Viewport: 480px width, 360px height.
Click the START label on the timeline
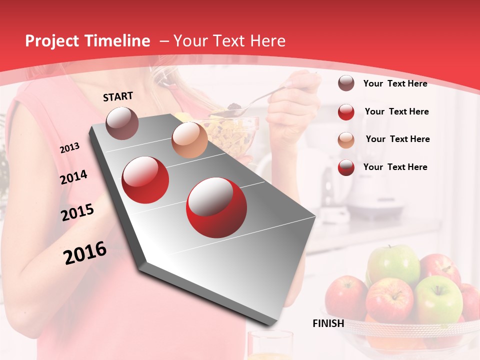pyautogui.click(x=118, y=96)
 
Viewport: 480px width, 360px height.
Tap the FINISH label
pyautogui.click(x=328, y=323)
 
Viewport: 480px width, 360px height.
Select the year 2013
pyautogui.click(x=69, y=148)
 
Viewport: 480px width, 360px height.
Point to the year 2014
pyautogui.click(x=73, y=177)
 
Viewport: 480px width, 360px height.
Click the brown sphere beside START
pyautogui.click(x=122, y=123)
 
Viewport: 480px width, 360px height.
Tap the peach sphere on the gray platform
pyautogui.click(x=189, y=139)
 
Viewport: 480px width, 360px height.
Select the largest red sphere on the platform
pyautogui.click(x=216, y=207)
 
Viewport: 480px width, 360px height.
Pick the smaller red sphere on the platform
pyautogui.click(x=145, y=179)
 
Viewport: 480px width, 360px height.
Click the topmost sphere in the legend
pyautogui.click(x=346, y=83)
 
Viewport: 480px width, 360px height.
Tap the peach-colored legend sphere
pyautogui.click(x=346, y=139)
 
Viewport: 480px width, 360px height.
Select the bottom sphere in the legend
pyautogui.click(x=346, y=167)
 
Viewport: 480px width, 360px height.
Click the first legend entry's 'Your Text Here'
pyautogui.click(x=395, y=83)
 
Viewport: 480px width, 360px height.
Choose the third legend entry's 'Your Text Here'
pyautogui.click(x=397, y=139)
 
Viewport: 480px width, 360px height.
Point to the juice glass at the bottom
pyautogui.click(x=270, y=346)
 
